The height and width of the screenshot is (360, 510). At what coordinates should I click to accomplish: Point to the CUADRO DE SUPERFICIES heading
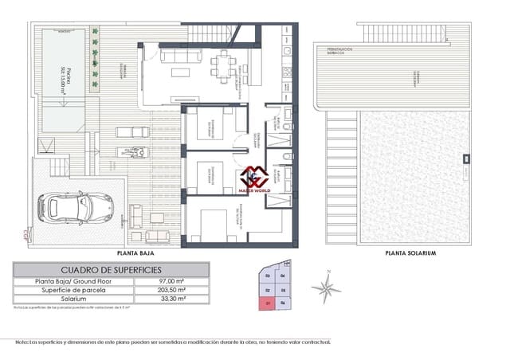pyautogui.click(x=112, y=270)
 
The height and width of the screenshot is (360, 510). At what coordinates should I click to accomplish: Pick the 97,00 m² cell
pyautogui.click(x=172, y=281)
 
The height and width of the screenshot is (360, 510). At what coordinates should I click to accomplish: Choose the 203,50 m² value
pyautogui.click(x=172, y=290)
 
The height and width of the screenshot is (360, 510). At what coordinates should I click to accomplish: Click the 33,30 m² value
pyautogui.click(x=172, y=299)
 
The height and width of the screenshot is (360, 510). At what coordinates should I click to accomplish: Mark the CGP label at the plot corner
pyautogui.click(x=27, y=233)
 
